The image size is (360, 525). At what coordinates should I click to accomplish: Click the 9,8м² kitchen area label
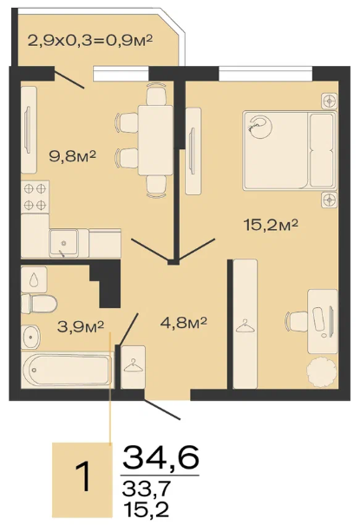click(x=73, y=155)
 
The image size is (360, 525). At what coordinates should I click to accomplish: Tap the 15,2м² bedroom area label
click(x=271, y=225)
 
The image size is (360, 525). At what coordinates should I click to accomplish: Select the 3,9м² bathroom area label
click(x=81, y=326)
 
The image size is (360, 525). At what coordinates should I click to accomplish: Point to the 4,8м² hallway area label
click(x=184, y=323)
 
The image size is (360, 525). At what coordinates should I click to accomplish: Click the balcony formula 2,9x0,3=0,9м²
click(x=90, y=41)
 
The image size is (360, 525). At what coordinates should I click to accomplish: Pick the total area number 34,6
click(x=161, y=457)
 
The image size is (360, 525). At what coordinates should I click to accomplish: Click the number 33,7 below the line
click(x=147, y=489)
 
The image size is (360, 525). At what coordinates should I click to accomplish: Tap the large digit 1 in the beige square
click(x=82, y=476)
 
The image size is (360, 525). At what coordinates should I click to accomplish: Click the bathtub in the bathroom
click(x=67, y=370)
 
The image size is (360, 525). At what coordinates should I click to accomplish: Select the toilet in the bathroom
click(x=39, y=304)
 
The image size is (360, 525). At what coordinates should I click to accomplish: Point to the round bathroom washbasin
click(x=30, y=337)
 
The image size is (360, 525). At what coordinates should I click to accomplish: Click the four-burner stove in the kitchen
click(x=35, y=197)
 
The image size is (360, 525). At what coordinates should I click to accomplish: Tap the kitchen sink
click(x=63, y=243)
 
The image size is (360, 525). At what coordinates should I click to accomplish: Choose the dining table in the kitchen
click(x=155, y=140)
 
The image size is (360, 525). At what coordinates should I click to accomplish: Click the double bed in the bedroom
click(x=290, y=150)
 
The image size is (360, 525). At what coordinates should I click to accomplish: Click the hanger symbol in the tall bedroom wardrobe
click(x=245, y=326)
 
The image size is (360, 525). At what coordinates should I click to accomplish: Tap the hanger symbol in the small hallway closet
click(x=133, y=365)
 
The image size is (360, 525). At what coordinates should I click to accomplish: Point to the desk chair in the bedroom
click(x=297, y=321)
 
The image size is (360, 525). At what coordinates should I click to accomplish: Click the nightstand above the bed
click(x=330, y=101)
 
